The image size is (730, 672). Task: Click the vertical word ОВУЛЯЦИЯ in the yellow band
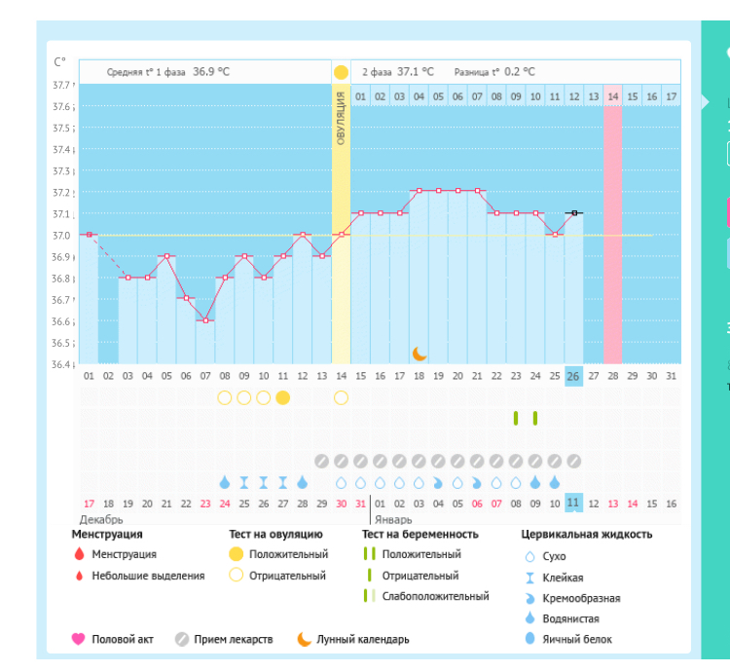point(341,117)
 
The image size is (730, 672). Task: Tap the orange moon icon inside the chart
point(420,353)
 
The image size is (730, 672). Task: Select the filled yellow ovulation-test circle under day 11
point(282,397)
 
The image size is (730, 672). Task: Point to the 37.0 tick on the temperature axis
point(63,235)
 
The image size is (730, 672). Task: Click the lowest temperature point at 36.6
point(204,320)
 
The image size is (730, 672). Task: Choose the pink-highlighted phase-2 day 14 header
point(613,96)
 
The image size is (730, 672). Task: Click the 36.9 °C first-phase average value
point(210,72)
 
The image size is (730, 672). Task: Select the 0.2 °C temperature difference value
point(515,72)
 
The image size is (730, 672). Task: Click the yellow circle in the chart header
point(341,72)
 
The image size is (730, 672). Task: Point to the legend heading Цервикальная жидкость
point(587,534)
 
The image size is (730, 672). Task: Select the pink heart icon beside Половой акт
point(79,640)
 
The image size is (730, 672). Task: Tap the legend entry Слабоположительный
point(435,597)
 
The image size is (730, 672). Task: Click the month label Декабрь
point(101,520)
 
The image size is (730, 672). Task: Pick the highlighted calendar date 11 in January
point(574,503)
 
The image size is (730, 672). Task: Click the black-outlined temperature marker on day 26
point(574,212)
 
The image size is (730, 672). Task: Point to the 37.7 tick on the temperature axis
point(63,86)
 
